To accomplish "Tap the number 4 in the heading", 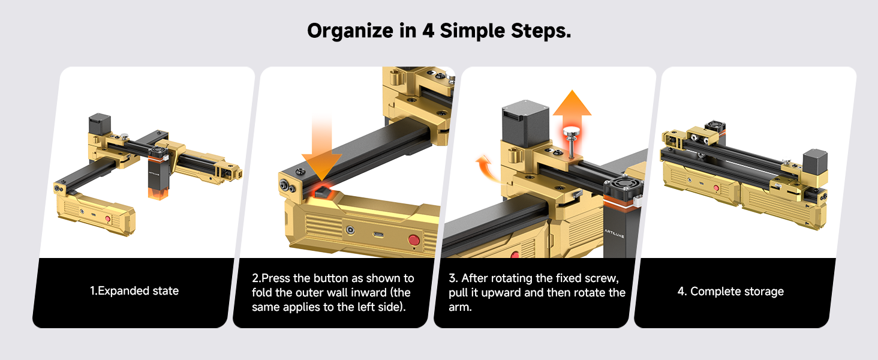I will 428,31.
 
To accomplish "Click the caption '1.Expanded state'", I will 134,291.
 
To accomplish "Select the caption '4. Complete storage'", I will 730,292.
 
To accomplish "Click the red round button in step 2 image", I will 413,240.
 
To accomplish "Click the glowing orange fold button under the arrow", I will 322,193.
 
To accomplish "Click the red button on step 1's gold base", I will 108,220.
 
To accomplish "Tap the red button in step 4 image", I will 716,188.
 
